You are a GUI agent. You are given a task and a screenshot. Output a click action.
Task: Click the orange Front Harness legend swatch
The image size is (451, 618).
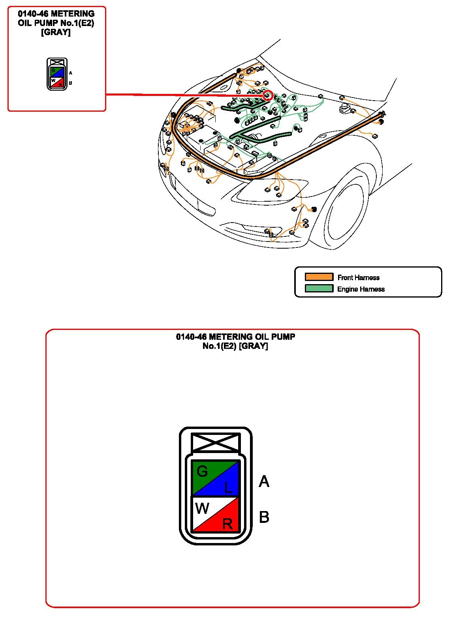319,277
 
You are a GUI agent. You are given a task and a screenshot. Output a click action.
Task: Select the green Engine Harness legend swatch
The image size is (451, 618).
319,288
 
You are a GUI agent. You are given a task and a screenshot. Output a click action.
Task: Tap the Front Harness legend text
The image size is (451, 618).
358,277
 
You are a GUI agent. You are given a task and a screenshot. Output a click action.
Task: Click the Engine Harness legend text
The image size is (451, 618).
361,289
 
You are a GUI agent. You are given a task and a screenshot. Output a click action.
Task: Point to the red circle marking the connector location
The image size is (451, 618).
268,96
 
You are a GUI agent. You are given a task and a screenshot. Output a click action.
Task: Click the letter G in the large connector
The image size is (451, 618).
202,471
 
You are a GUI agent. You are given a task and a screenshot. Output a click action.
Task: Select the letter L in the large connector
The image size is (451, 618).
228,488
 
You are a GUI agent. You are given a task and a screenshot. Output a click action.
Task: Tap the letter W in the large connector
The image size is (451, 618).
202,508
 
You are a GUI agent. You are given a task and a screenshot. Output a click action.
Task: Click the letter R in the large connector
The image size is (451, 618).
227,524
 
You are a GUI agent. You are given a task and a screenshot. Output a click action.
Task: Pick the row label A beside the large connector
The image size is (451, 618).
264,481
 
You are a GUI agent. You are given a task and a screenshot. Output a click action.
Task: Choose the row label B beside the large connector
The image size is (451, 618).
264,517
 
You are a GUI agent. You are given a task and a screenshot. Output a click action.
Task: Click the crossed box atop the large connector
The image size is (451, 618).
216,442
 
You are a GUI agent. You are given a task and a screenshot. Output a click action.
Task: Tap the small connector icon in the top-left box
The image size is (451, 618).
57,74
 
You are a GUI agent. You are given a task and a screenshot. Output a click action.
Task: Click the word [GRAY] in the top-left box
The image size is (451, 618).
56,32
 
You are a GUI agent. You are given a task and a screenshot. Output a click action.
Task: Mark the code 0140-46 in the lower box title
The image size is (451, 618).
191,337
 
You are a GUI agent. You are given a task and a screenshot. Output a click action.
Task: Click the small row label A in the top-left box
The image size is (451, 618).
70,73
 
